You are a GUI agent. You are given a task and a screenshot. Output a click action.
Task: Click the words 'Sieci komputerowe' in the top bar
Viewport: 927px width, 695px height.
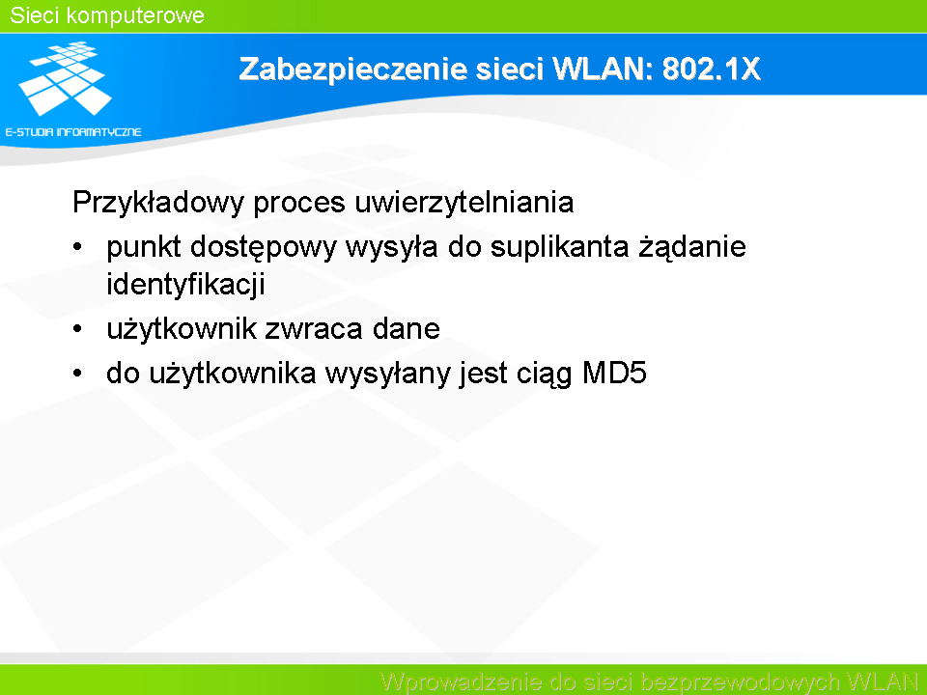[107, 16]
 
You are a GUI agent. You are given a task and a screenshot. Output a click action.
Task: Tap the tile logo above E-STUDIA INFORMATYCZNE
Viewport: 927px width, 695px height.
[65, 78]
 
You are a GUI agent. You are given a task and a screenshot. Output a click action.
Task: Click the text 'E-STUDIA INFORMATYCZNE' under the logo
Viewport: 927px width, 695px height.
[73, 132]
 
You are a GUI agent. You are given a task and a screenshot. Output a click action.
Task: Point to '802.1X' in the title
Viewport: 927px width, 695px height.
[711, 69]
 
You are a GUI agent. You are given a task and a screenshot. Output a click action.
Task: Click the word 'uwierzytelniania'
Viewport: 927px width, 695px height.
[464, 203]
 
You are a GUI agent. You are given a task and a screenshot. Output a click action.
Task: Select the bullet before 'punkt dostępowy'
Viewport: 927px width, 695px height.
[77, 247]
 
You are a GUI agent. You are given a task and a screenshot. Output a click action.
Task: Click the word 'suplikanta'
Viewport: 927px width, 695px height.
[559, 248]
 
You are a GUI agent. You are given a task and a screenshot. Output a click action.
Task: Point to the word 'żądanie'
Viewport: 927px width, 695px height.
[692, 248]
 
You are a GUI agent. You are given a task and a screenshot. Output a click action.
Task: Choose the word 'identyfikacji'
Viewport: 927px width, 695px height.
[185, 285]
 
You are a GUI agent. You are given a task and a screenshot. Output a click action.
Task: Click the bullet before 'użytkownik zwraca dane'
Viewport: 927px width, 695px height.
[77, 329]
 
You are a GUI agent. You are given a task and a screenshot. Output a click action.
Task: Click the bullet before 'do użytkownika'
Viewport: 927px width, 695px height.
[77, 374]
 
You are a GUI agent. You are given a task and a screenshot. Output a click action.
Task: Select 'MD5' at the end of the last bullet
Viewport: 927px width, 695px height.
[614, 374]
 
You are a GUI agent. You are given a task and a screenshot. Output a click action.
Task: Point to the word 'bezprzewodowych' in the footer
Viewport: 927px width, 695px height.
[741, 682]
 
